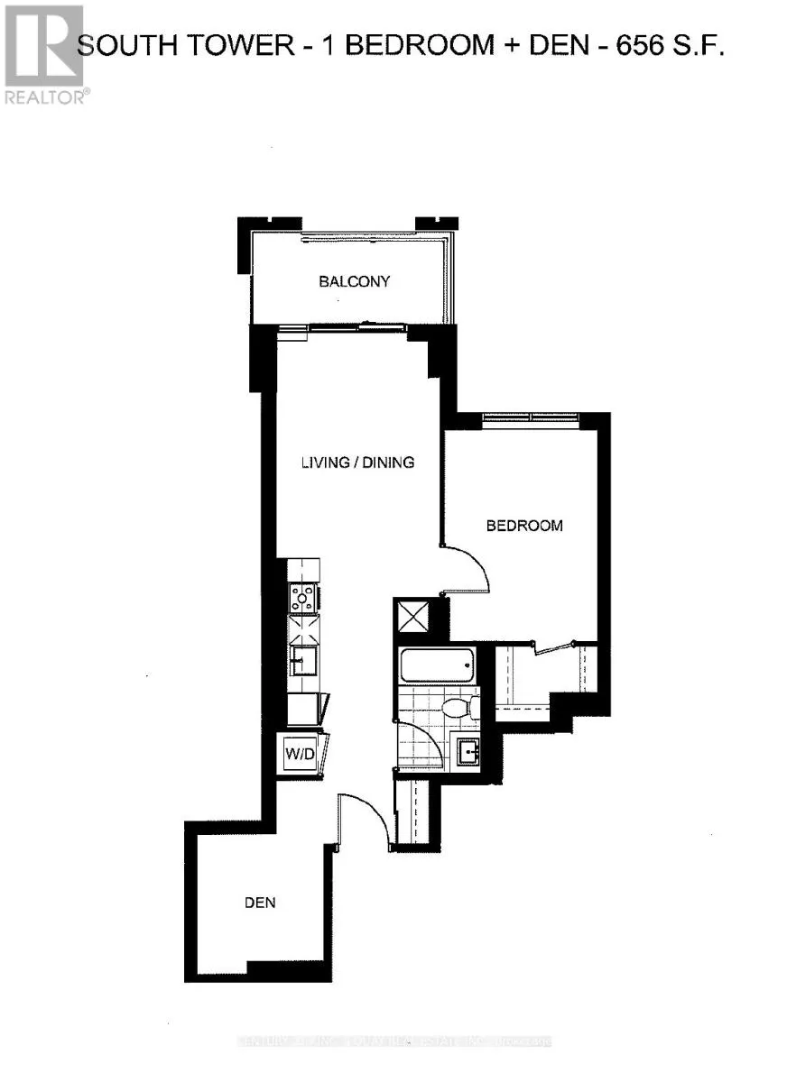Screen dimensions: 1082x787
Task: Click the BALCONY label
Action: tap(354, 281)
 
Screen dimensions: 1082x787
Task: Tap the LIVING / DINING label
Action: tap(357, 463)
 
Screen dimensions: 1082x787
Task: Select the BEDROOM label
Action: tap(524, 526)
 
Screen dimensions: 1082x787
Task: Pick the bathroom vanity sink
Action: tap(468, 749)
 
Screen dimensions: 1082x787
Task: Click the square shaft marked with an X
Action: tap(412, 619)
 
